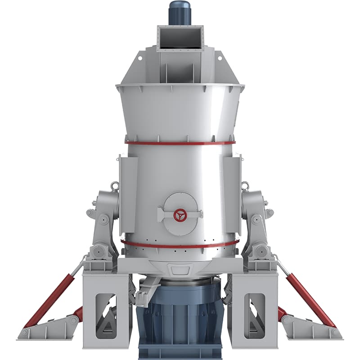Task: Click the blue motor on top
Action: click(x=180, y=13)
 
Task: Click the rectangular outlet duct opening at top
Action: click(x=180, y=38)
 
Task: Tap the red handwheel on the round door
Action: click(x=180, y=215)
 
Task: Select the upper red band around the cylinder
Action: click(x=180, y=144)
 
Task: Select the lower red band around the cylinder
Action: click(x=180, y=246)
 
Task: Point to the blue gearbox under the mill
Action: click(x=180, y=315)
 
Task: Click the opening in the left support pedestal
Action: click(x=106, y=315)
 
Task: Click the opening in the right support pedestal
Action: click(x=254, y=315)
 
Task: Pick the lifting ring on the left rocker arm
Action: click(x=115, y=185)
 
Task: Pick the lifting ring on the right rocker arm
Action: click(x=245, y=185)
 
